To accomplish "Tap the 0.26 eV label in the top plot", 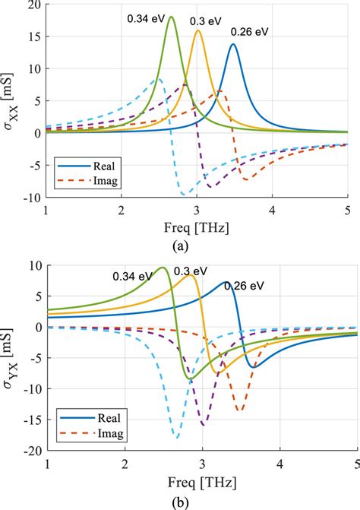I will [x=250, y=33].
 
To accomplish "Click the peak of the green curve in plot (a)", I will [x=171, y=17].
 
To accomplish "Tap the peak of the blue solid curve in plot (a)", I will [x=232, y=44].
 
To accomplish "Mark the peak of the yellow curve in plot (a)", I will [x=198, y=30].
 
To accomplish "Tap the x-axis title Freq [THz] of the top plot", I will [x=196, y=226].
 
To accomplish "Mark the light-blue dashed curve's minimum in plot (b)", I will [x=177, y=439].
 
